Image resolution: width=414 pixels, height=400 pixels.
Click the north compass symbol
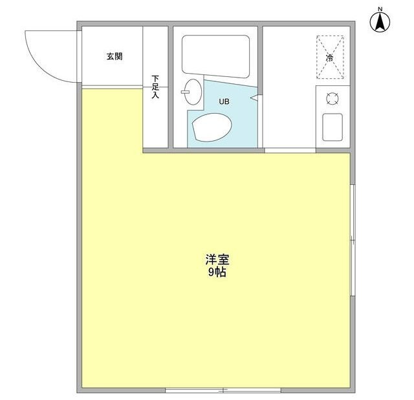[380, 23]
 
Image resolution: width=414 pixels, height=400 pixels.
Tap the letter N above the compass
[380, 8]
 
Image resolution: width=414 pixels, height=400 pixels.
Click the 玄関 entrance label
[114, 57]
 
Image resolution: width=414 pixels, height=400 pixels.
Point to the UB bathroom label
[223, 101]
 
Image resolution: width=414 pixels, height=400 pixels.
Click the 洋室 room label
[217, 260]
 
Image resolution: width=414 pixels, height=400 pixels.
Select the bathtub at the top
[216, 54]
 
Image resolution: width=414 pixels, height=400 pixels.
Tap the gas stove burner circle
[332, 99]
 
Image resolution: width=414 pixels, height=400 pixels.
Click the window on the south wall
[223, 390]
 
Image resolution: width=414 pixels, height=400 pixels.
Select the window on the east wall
[353, 239]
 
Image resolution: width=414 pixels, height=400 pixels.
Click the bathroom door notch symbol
[253, 99]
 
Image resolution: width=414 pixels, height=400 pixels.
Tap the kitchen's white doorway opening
[290, 151]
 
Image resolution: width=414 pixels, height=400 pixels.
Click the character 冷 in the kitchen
[330, 58]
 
